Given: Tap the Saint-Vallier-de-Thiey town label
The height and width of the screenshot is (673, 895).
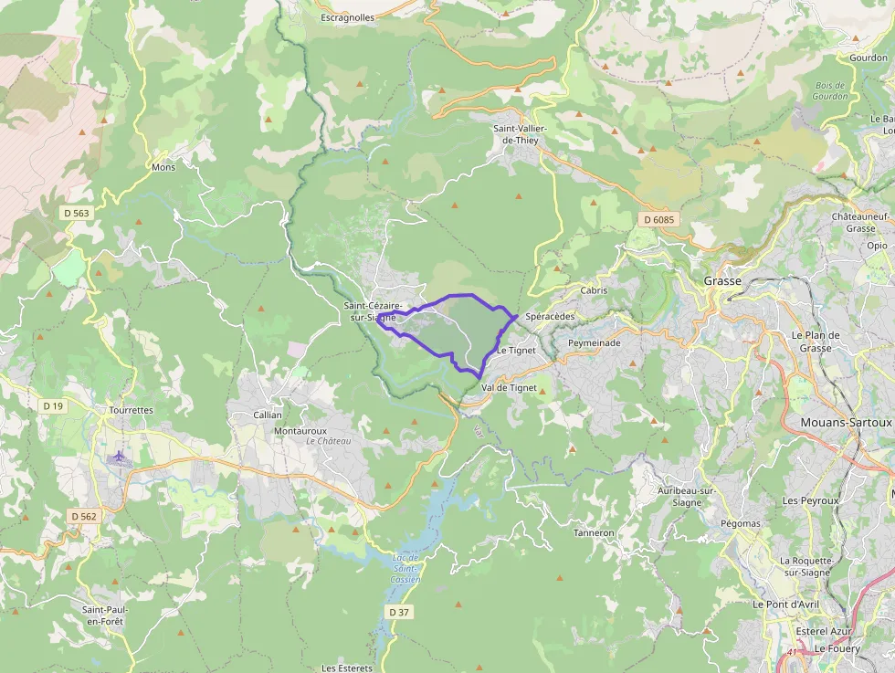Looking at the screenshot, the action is coord(519,134).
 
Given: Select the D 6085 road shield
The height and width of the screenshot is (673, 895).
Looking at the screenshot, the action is coord(658,219).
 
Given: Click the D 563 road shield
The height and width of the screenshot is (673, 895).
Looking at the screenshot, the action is coord(77,213).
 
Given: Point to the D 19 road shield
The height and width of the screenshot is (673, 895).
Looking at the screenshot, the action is coord(53,405).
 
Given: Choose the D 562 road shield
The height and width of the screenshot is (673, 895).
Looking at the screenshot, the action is coord(82,516).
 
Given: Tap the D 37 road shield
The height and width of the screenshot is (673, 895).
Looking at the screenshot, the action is coord(398,612).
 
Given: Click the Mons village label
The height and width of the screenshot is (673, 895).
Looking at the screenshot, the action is coord(163,167).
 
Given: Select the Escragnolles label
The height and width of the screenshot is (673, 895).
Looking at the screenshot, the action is coord(348,17).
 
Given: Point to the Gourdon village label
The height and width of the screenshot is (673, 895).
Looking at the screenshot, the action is coord(868,58).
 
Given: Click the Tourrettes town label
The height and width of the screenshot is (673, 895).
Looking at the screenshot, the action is coord(131,410).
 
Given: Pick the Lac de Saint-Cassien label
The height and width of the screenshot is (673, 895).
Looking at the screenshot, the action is coord(405,568).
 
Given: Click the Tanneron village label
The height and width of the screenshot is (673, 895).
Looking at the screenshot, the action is coord(594,532).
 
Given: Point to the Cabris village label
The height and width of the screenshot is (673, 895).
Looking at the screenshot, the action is coord(594,290).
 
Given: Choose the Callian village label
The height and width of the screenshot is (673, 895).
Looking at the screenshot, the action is coord(268,415).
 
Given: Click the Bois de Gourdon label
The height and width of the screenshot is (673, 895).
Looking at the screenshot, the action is coord(831,91).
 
